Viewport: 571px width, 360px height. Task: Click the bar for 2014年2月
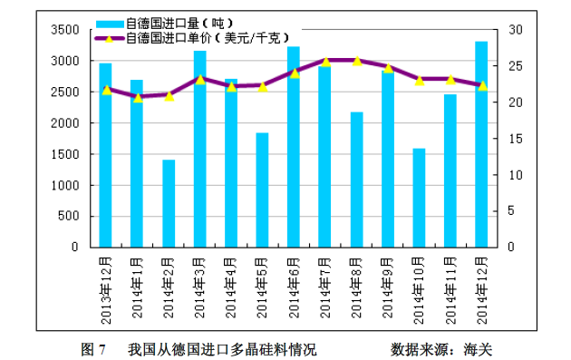(169, 203)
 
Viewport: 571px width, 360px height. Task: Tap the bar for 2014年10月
(419, 198)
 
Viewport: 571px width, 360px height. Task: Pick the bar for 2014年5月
(262, 190)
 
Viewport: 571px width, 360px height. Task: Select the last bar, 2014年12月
(481, 144)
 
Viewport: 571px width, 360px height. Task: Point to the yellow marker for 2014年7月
(325, 62)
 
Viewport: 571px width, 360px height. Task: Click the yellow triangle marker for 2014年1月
(138, 97)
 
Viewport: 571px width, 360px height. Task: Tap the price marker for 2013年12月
(106, 90)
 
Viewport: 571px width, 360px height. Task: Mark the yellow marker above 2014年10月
(419, 80)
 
